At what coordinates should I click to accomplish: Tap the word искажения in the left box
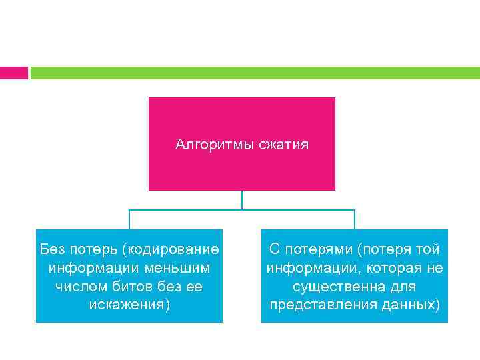(x=126, y=305)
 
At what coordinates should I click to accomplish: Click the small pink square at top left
(x=13, y=73)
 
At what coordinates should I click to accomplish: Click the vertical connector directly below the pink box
(x=242, y=200)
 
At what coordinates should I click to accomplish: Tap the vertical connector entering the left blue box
(x=129, y=219)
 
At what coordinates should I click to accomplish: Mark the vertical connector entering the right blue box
(x=355, y=219)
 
